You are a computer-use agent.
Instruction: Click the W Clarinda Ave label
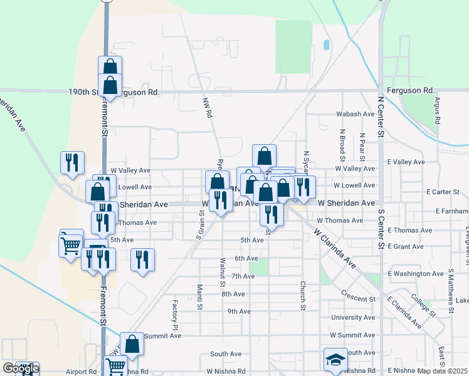[335, 248]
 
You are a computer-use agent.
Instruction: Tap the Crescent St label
[358, 294]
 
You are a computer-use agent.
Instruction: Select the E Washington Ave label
[418, 274]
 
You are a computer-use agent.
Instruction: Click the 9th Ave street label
[240, 311]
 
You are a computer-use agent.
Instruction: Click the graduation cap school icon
[335, 359]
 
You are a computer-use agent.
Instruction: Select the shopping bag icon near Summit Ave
[132, 343]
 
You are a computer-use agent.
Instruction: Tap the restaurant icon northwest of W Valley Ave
[72, 162]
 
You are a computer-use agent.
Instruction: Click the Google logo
[21, 368]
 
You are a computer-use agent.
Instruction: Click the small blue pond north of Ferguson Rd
[326, 45]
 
